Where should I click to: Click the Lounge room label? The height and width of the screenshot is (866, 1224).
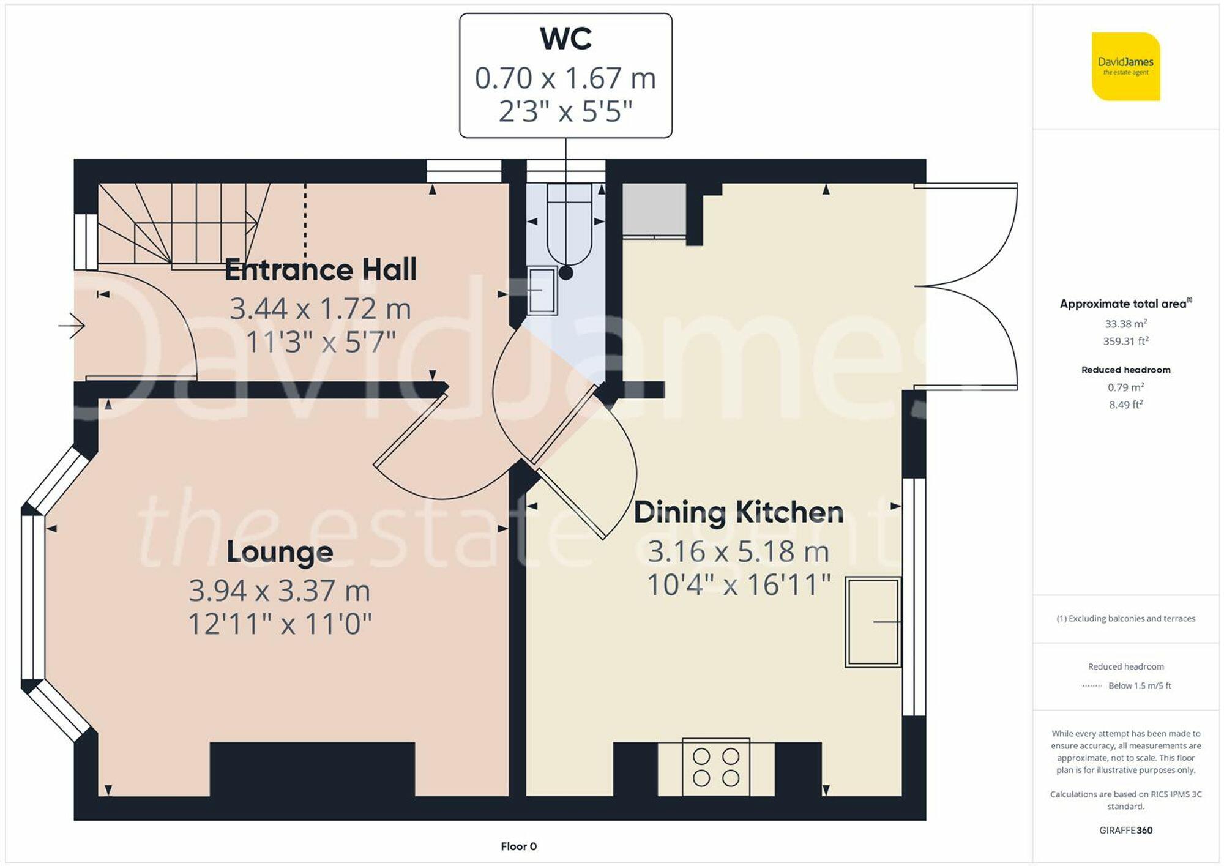tap(280, 552)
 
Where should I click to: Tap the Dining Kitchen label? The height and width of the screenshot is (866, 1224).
tap(738, 512)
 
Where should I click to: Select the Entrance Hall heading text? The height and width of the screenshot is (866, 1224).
tap(321, 270)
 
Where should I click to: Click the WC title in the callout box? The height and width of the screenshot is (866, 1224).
tap(565, 39)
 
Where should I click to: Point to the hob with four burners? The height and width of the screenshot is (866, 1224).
tap(715, 767)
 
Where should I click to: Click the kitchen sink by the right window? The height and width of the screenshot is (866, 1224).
tap(873, 622)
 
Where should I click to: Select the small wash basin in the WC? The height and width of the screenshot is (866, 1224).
tap(542, 291)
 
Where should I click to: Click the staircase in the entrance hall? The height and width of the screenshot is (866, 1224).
tap(184, 225)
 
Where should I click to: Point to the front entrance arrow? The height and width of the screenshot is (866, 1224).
tap(72, 326)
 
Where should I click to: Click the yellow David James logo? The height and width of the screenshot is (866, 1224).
tap(1125, 67)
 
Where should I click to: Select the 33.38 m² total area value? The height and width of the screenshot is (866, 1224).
tap(1125, 324)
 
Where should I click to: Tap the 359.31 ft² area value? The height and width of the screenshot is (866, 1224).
tap(1125, 342)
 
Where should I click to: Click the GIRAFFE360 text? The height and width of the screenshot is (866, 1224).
tap(1125, 831)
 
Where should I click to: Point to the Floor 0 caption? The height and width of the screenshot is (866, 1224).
tap(518, 846)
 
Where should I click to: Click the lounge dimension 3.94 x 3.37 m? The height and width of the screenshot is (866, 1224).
tap(280, 591)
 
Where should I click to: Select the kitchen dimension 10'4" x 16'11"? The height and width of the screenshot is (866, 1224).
tap(738, 585)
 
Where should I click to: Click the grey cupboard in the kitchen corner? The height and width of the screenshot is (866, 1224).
tap(654, 209)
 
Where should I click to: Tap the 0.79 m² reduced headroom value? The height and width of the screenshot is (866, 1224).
tap(1125, 387)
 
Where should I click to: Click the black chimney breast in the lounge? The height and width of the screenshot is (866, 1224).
tap(312, 769)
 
